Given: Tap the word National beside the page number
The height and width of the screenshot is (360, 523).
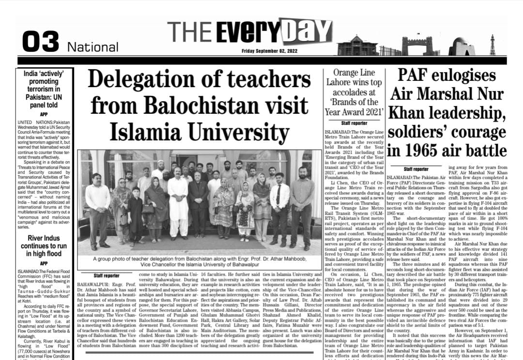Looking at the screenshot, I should click(92, 47).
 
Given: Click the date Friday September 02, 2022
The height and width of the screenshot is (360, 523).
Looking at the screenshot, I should click(270, 51).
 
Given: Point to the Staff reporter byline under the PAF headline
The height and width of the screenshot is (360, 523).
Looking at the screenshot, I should click(416, 169).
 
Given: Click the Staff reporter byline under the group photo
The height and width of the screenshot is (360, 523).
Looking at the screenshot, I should click(106, 275).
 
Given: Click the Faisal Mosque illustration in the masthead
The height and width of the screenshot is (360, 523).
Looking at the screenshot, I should click(461, 47).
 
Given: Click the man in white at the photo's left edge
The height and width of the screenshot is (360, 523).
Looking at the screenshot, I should click(97, 208).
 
